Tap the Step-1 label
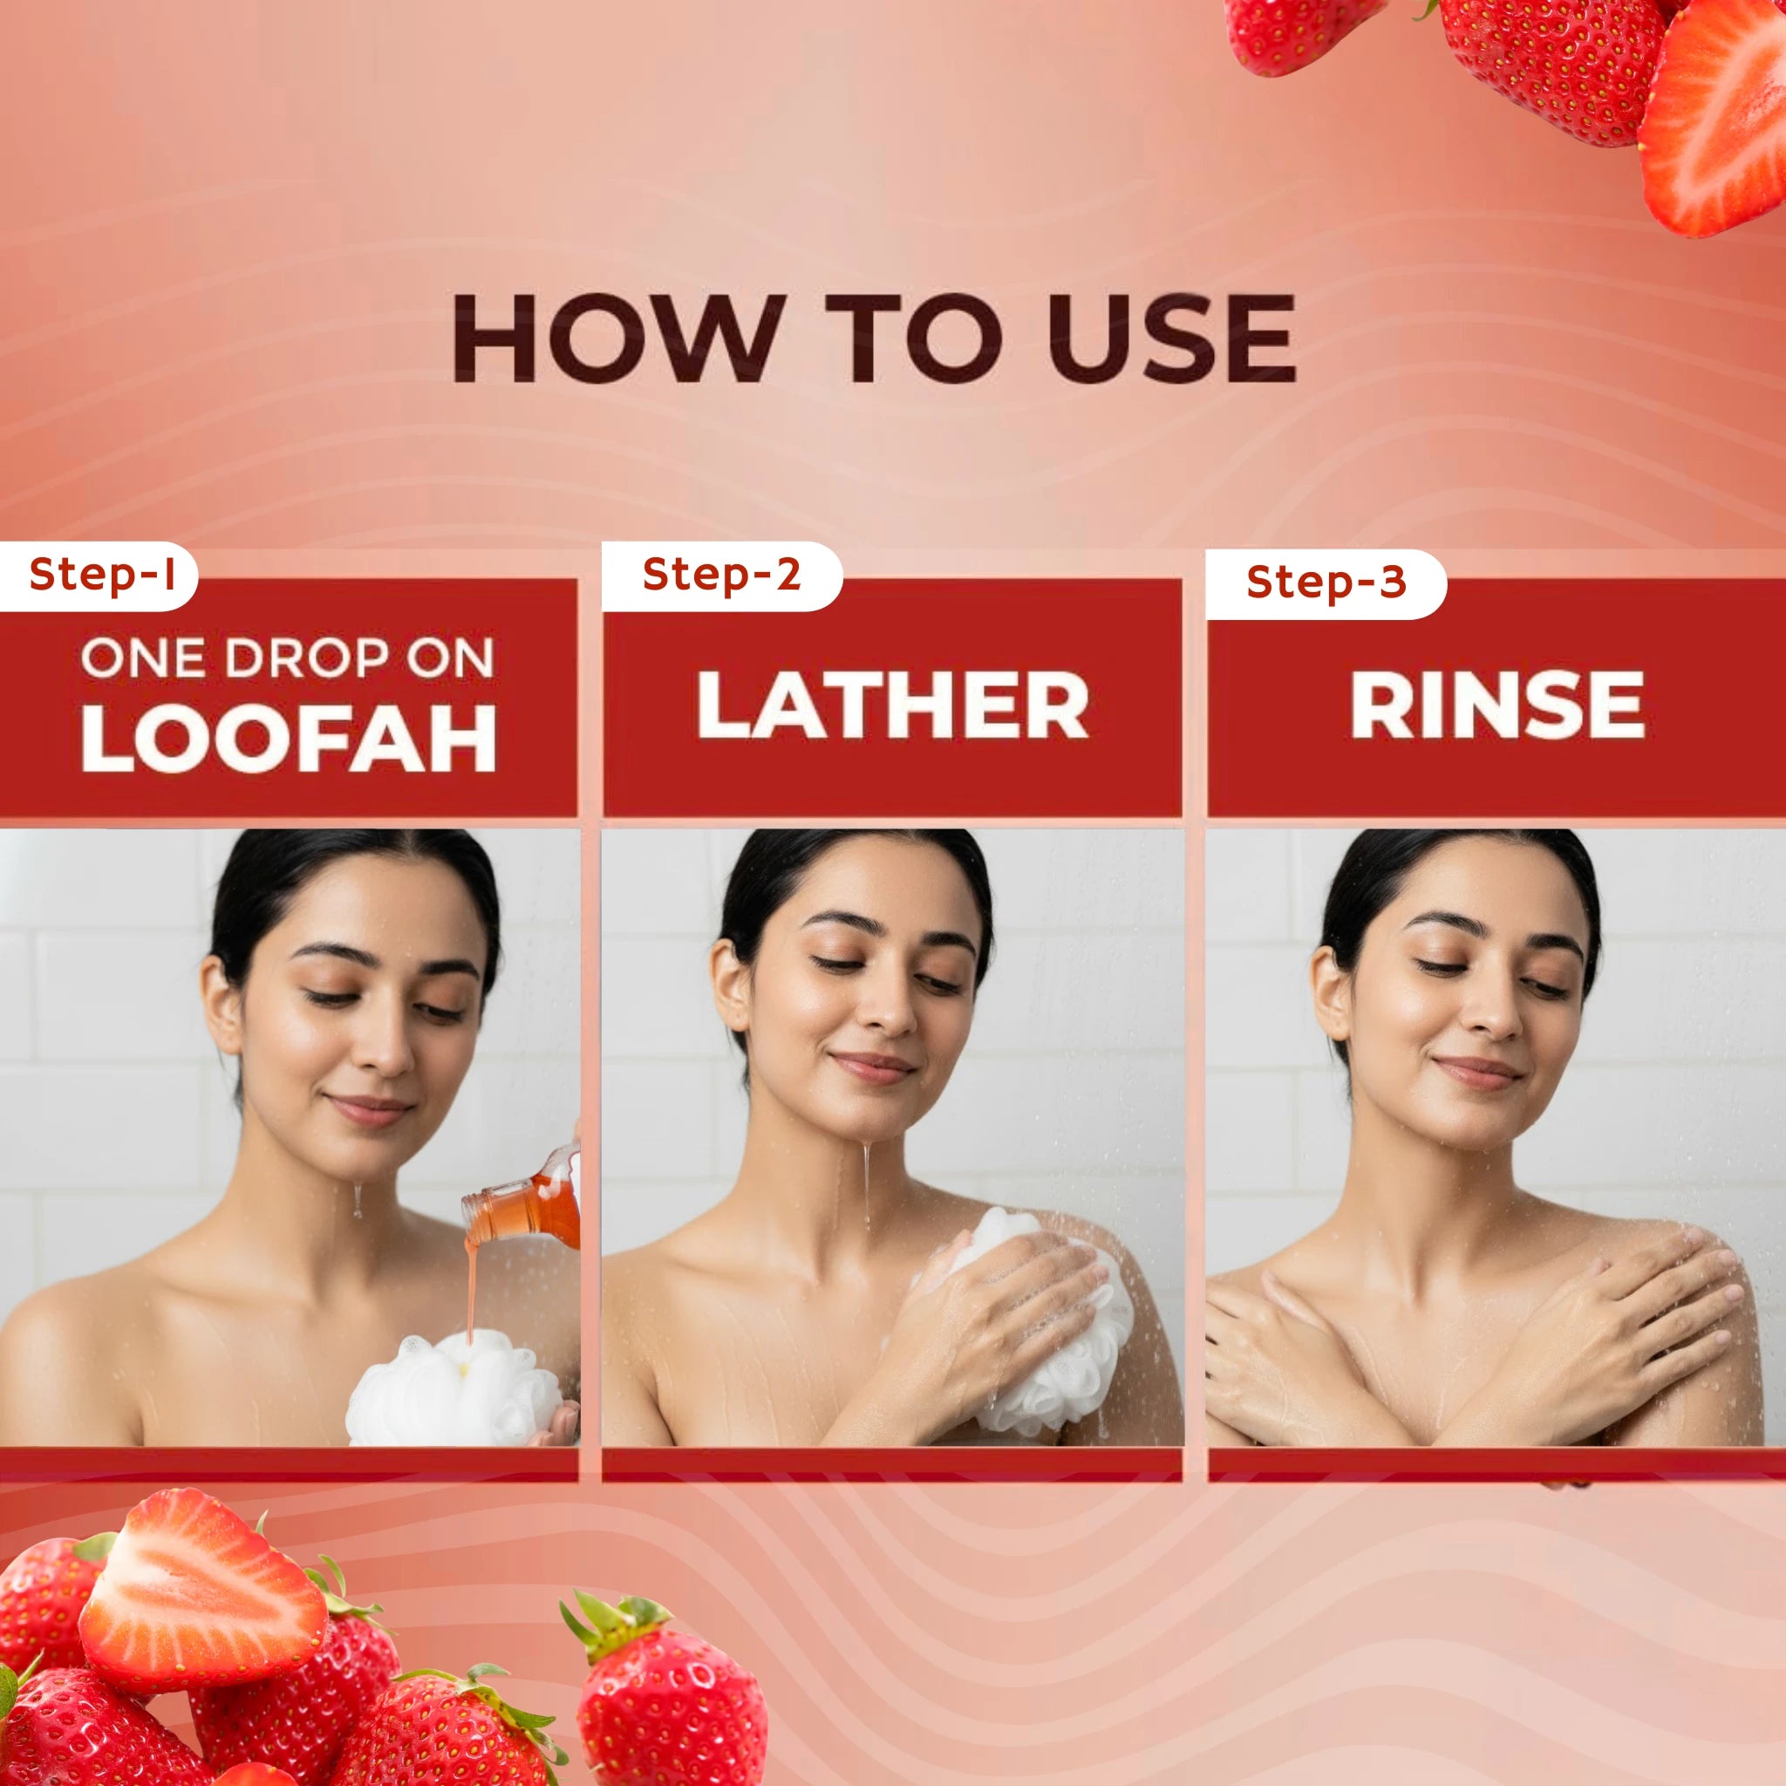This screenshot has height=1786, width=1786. [x=102, y=574]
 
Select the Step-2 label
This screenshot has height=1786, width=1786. [x=721, y=574]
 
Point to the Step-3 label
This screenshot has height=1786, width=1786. [x=1326, y=583]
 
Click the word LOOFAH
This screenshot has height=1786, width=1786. [x=290, y=739]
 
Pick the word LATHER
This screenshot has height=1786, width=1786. [x=893, y=705]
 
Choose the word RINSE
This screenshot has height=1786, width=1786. [x=1496, y=705]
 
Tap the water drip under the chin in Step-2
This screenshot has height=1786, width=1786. [x=866, y=1183]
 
